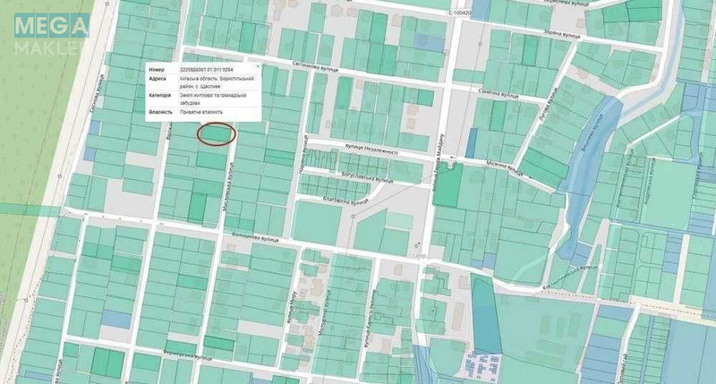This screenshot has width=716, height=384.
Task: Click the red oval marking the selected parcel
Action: [215, 133]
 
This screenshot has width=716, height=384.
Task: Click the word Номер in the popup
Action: [158, 68]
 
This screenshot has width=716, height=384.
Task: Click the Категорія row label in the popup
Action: [160, 95]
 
